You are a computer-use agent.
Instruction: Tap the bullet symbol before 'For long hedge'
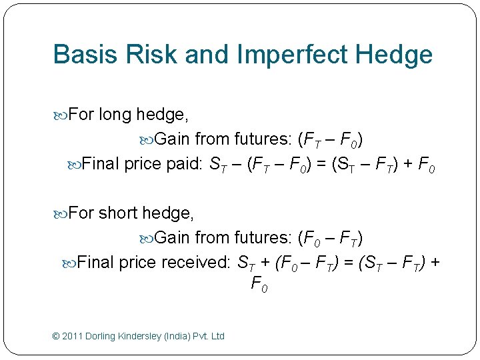61,115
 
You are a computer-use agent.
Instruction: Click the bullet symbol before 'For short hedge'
61,214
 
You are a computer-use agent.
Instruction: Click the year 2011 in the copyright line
74,336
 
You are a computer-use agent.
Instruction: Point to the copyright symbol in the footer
56,336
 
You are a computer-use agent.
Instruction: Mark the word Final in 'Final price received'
95,263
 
